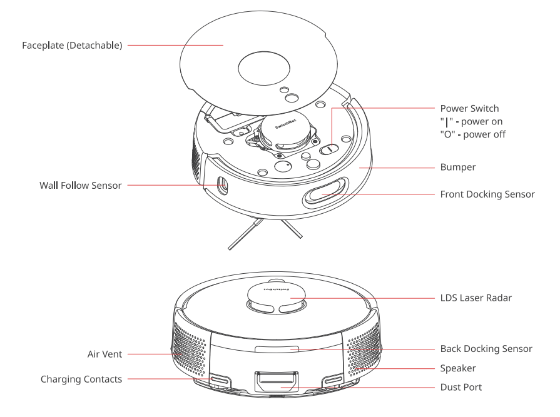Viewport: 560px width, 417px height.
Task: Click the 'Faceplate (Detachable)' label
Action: tap(72, 45)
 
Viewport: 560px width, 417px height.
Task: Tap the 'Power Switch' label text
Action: tap(469, 109)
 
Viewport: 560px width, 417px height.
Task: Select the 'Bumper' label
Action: tap(458, 168)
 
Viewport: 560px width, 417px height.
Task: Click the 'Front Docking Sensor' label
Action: tap(487, 194)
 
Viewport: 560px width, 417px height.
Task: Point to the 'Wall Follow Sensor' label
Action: tap(81, 185)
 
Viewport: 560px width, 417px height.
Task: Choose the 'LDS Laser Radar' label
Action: tap(476, 298)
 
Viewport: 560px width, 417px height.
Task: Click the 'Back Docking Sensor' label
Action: tap(486, 349)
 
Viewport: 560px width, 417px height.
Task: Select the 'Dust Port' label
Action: tap(461, 388)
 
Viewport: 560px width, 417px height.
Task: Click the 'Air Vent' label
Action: tap(104, 354)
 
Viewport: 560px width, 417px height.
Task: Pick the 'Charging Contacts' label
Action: tap(81, 379)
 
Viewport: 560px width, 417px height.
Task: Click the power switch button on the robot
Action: tap(329, 149)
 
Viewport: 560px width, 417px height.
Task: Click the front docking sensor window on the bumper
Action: tap(325, 194)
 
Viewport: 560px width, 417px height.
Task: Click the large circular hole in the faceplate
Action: tap(258, 65)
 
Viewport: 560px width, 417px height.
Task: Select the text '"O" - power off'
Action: tap(473, 134)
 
